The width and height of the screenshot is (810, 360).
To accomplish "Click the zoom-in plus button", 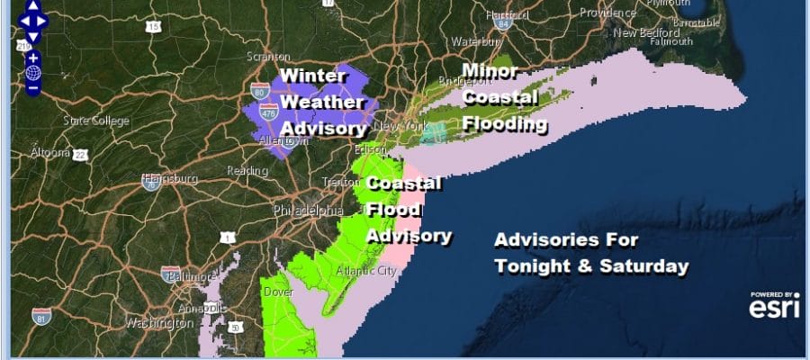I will pos(33,58).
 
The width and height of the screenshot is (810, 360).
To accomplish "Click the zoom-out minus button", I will pos(33,88).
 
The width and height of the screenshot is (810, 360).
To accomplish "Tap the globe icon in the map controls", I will pos(33,73).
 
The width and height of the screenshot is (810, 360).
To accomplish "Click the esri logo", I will pos(773,308).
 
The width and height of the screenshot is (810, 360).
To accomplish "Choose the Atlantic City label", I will pos(364,270).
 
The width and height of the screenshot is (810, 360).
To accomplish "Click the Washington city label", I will pos(159,321).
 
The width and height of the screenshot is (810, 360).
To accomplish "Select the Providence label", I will pos(607,13).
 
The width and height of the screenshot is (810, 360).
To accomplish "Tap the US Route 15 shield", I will pos(154,27).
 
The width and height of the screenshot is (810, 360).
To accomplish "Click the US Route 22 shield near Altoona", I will pos(80,155).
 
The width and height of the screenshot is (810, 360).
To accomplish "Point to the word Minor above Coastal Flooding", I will pos(489,70).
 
